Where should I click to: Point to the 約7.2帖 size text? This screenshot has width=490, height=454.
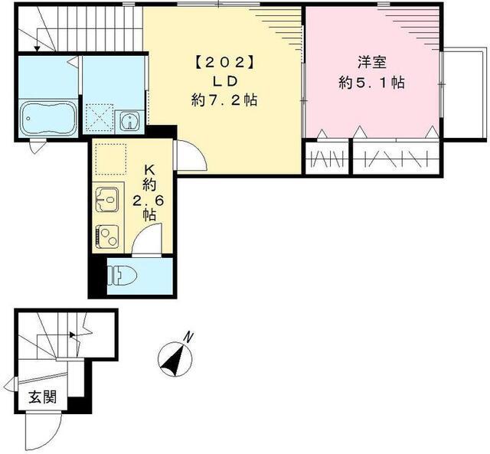[224, 100]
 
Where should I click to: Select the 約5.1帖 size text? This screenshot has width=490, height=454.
[373, 81]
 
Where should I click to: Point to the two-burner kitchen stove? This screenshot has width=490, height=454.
[107, 233]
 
